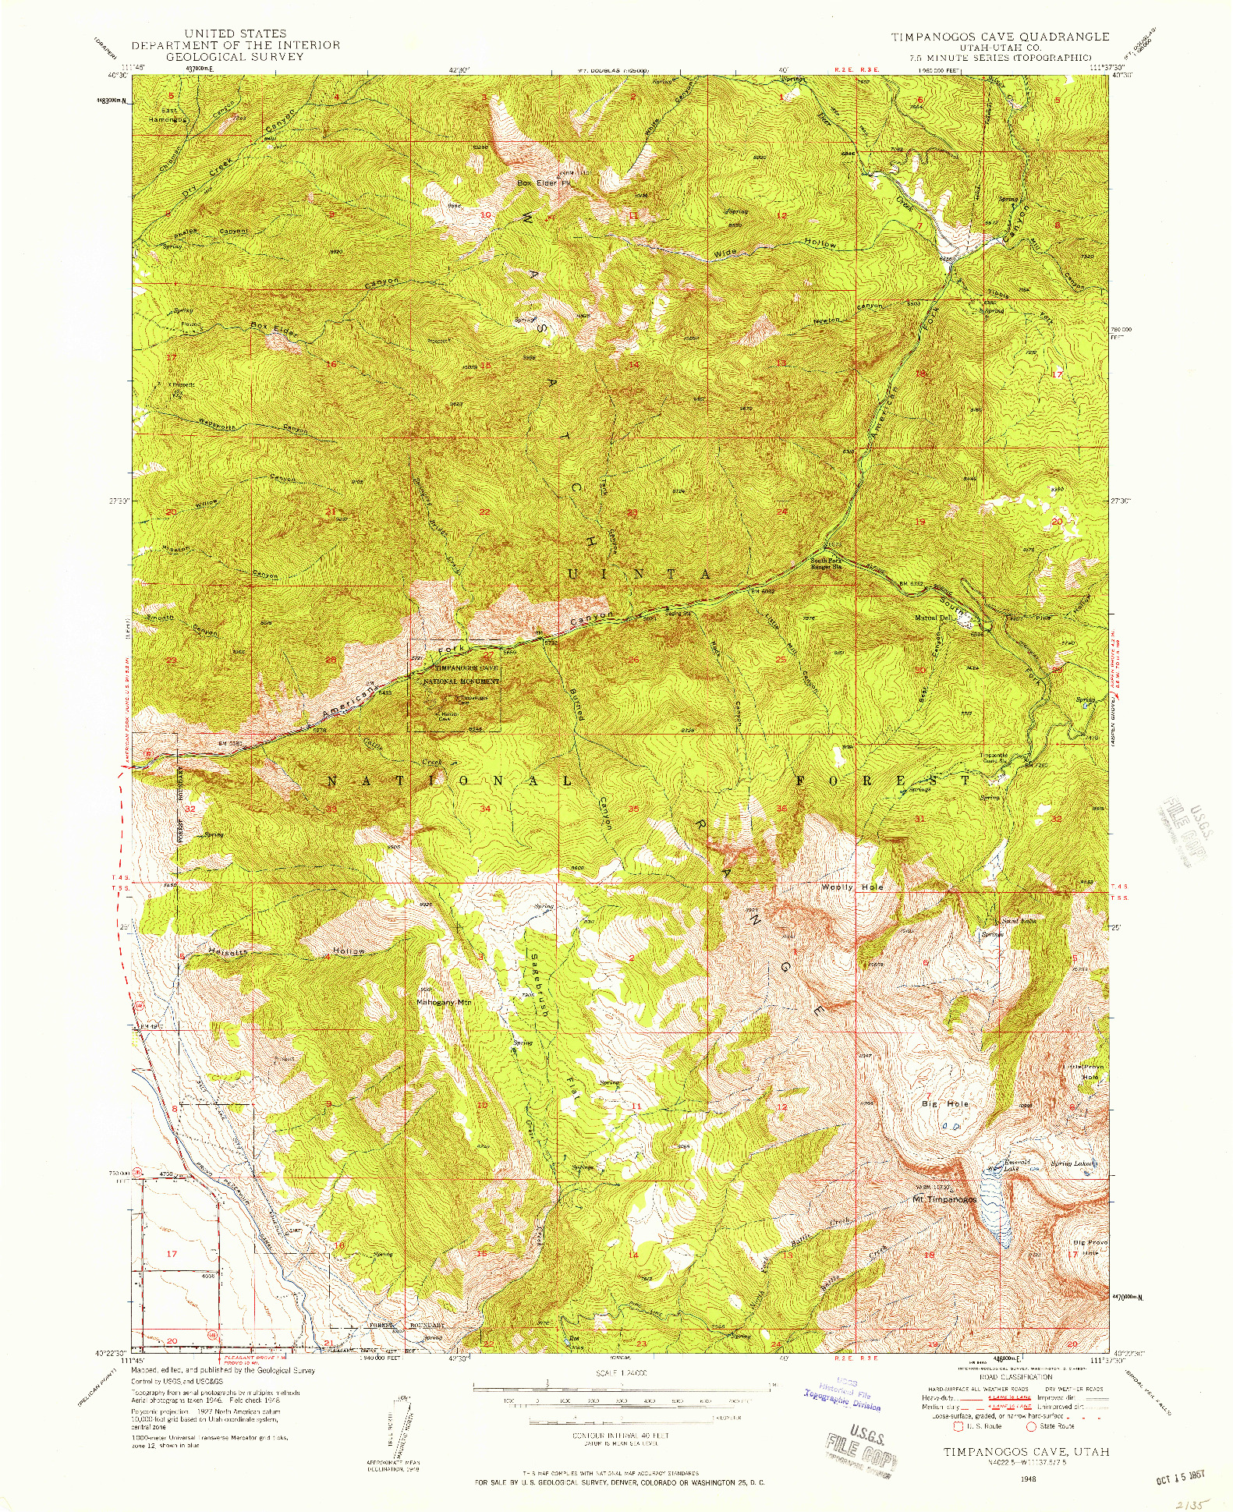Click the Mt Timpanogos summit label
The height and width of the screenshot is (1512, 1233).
(944, 1199)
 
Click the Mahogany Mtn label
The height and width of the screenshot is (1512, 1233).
(445, 1002)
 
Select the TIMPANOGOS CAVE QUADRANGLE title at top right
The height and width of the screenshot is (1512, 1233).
(1001, 37)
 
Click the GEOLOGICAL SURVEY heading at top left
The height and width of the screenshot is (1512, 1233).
(236, 57)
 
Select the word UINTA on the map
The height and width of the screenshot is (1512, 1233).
(640, 575)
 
